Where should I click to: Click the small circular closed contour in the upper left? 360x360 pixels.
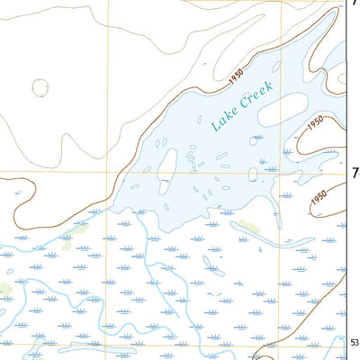40,87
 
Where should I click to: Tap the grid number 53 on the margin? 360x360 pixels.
355,340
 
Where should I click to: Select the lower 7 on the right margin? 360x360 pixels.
355,172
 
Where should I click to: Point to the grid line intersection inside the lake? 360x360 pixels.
276,170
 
